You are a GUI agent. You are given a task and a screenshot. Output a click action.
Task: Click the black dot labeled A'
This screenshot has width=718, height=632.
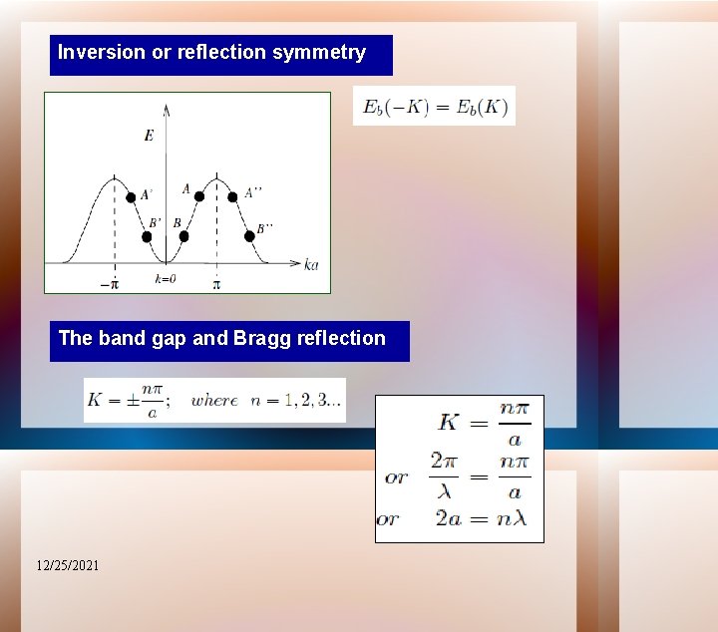131,197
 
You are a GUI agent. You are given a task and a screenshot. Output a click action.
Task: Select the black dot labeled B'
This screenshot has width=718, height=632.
148,237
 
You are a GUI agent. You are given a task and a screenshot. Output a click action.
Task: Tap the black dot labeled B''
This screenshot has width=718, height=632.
249,236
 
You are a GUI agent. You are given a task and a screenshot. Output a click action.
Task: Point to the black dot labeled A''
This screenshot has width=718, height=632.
233,196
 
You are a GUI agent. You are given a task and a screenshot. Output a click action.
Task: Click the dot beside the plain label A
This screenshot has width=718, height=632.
199,196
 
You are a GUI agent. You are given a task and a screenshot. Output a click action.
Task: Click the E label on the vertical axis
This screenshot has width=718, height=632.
149,137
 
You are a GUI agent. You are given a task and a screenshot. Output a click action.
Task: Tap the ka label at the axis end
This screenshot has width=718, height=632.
311,265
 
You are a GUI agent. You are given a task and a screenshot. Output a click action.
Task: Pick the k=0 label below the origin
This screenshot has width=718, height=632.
166,279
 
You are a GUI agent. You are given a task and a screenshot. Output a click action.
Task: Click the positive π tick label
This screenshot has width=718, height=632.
215,284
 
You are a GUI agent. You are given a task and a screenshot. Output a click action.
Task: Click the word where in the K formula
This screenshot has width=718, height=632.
214,401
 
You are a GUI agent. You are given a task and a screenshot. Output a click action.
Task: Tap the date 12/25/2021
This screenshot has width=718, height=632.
68,566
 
